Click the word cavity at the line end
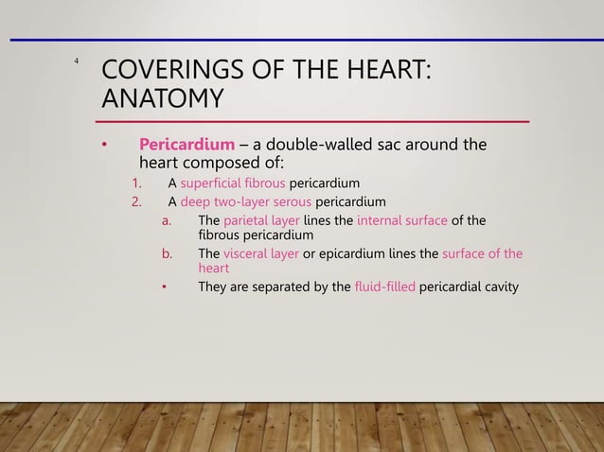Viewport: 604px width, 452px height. (500, 287)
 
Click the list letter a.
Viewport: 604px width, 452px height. (166, 220)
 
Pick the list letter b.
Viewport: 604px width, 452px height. (166, 253)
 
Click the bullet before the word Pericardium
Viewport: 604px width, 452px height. (105, 145)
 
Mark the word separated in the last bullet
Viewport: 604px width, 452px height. (289, 287)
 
